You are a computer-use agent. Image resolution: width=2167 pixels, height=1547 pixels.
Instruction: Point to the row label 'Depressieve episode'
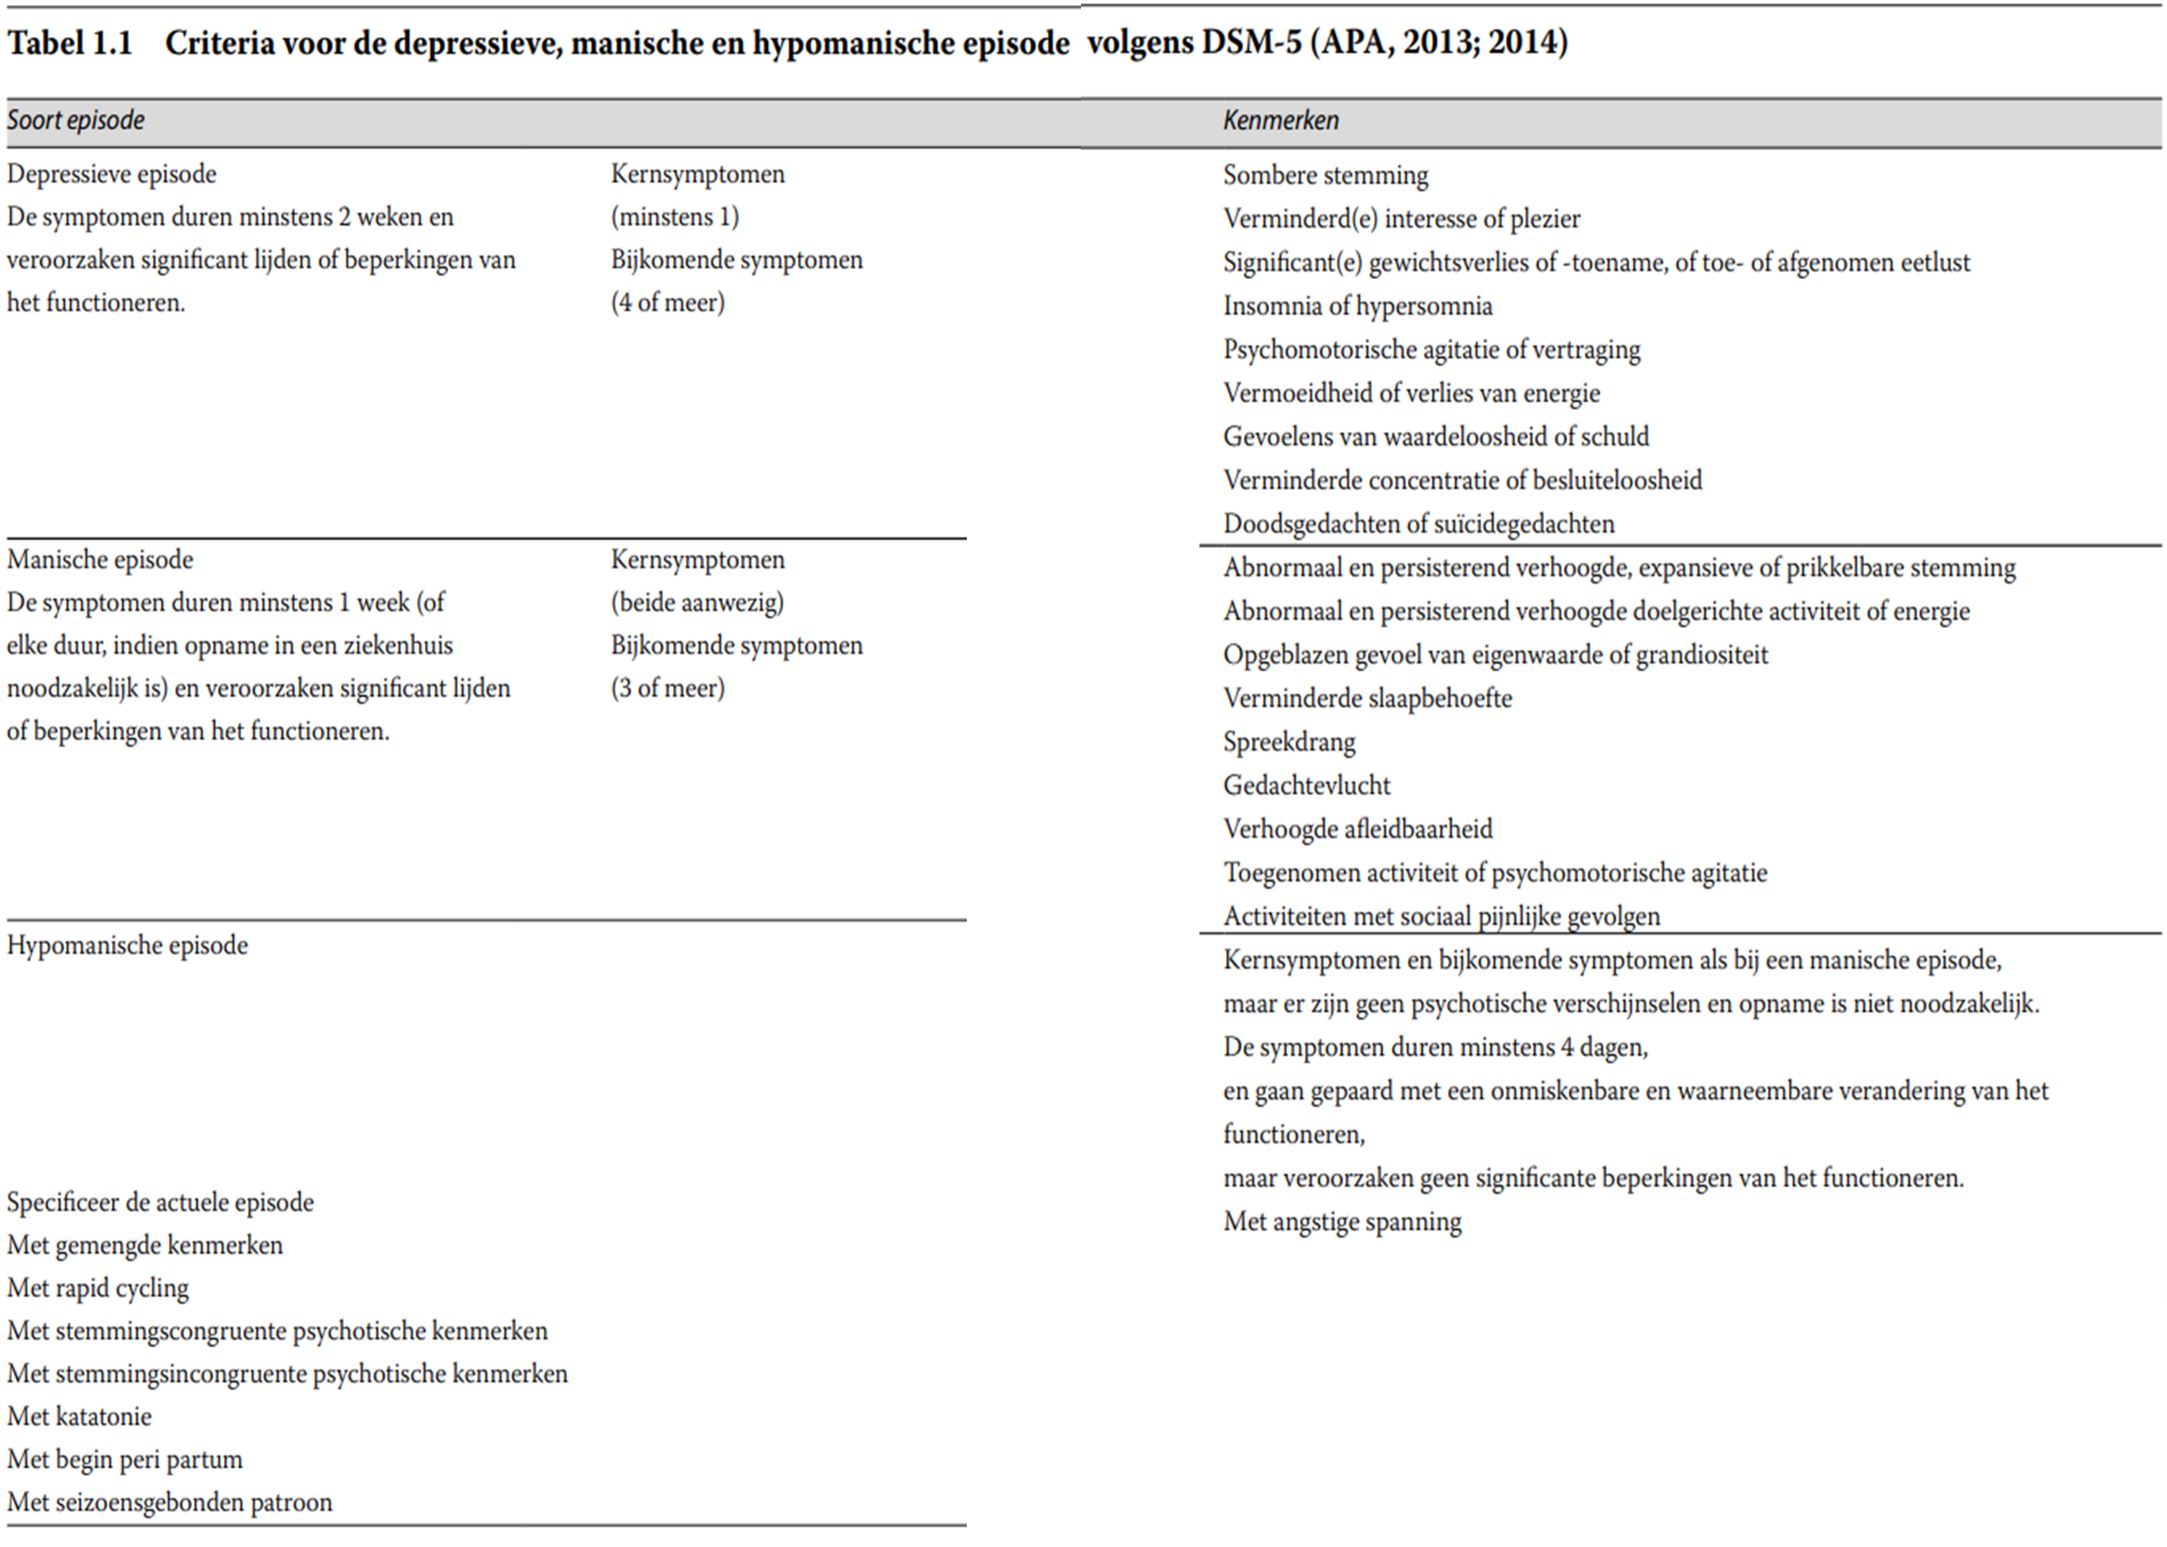coord(111,174)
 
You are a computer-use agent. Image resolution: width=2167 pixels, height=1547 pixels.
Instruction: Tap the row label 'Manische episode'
coord(100,560)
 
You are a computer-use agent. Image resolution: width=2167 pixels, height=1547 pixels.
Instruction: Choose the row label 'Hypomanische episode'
coord(128,946)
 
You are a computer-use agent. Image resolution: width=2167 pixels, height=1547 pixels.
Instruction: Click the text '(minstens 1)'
coord(675,218)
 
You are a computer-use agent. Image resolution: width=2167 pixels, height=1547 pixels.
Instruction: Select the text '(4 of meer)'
coord(668,303)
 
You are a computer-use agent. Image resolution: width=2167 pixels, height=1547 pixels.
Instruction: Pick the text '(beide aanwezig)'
coord(697,603)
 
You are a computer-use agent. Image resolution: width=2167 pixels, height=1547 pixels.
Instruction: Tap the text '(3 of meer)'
coord(668,688)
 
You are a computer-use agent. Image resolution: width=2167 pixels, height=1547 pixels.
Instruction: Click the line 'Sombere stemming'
coord(1325,175)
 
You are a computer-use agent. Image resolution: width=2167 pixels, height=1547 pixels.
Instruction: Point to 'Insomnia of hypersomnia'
coord(1357,307)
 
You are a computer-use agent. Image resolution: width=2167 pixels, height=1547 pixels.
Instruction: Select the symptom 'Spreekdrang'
coord(1288,742)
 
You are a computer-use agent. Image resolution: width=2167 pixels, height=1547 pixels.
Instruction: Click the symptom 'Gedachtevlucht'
coord(1307,786)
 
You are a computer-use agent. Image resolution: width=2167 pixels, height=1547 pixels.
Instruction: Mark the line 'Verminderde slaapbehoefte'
coord(1367,698)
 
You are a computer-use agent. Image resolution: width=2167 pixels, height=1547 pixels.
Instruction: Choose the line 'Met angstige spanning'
coord(1342,1223)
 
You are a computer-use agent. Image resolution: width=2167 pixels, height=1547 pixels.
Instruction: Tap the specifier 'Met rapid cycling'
coord(98,1289)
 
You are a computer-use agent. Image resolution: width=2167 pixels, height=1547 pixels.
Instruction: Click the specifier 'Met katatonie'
coord(79,1418)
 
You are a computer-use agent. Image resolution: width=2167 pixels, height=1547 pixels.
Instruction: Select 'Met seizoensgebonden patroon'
coord(169,1503)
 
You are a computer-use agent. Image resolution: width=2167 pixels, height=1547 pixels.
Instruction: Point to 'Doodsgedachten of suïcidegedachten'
coord(1418,524)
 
